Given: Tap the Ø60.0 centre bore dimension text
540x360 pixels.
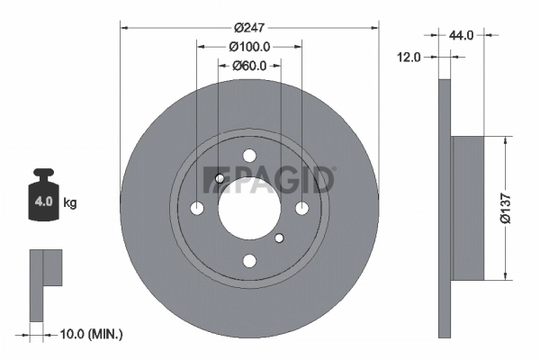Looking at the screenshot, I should pyautogui.click(x=249, y=65).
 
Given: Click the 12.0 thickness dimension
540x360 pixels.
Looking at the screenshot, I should pyautogui.click(x=410, y=57).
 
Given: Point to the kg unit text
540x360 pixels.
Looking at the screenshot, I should pyautogui.click(x=69, y=203).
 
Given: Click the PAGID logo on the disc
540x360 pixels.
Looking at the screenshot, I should pyautogui.click(x=269, y=179).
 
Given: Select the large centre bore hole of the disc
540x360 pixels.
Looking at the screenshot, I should pyautogui.click(x=249, y=208).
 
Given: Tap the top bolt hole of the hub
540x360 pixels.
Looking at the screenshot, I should pyautogui.click(x=249, y=156).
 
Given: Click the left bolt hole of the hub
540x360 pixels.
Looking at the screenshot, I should pyautogui.click(x=197, y=208).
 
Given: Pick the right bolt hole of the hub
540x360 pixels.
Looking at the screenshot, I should pyautogui.click(x=301, y=208).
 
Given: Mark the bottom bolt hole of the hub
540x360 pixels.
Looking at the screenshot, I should pyautogui.click(x=249, y=260).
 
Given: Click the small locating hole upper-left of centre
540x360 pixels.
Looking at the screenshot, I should pyautogui.click(x=220, y=178).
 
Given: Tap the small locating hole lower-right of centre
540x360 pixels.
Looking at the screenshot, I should pyautogui.click(x=279, y=238).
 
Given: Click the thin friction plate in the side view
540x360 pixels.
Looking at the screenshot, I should pyautogui.click(x=444, y=207).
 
